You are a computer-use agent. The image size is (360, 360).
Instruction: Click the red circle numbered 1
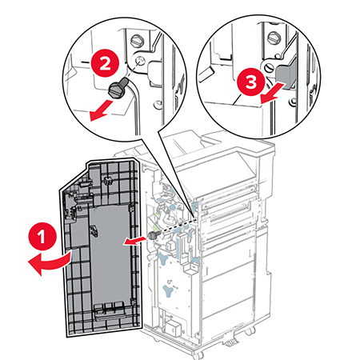(x=42, y=236)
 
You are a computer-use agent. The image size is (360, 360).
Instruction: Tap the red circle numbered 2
(x=105, y=63)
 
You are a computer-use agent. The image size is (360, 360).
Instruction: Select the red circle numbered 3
(x=250, y=82)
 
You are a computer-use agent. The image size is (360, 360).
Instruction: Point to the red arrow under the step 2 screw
(x=101, y=110)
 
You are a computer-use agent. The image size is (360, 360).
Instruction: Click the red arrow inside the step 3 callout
(x=273, y=93)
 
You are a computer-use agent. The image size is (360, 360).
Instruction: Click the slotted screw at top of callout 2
(x=138, y=41)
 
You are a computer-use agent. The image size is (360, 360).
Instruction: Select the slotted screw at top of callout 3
(x=274, y=38)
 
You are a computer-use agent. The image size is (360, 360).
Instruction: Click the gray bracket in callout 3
(x=286, y=74)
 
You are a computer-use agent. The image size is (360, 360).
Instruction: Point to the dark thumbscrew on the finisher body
(x=154, y=235)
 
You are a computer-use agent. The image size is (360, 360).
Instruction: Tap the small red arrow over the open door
(x=134, y=242)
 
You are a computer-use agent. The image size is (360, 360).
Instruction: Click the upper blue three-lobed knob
(x=163, y=258)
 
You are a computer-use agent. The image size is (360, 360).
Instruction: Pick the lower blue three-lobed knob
(x=169, y=290)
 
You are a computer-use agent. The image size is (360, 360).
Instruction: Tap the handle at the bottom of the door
(x=110, y=315)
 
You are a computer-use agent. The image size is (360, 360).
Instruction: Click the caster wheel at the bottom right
(x=250, y=332)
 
